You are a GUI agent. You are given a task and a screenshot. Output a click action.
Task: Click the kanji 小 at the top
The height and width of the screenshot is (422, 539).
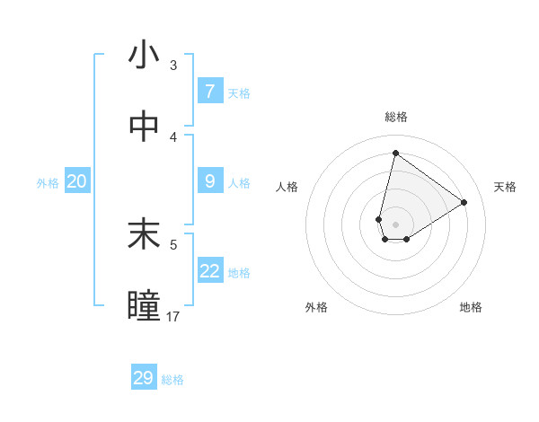coord(144,56)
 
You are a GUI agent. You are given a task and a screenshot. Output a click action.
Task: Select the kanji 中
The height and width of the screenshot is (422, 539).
coord(144,127)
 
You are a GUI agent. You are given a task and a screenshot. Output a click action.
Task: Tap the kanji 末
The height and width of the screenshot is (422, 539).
coord(144,235)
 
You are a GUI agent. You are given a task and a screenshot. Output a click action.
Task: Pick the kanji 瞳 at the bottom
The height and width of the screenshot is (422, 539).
coord(144,306)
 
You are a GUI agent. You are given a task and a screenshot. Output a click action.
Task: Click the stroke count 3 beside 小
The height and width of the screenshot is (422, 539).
coord(172,65)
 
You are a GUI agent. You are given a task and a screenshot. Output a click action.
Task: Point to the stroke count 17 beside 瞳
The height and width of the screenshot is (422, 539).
coord(173,316)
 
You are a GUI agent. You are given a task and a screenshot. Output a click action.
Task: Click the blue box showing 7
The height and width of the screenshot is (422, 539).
coord(209,92)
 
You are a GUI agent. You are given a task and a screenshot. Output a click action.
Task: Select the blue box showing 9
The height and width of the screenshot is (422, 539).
coord(209,181)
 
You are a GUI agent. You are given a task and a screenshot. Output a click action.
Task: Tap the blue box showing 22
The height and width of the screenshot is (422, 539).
coord(209,271)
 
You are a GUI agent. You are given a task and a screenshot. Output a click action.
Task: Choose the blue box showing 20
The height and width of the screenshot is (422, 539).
coord(76,181)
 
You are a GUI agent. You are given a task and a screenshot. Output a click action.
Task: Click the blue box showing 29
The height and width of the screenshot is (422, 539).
coord(144,378)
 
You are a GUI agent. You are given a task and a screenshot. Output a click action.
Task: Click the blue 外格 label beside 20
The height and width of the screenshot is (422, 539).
coord(48,182)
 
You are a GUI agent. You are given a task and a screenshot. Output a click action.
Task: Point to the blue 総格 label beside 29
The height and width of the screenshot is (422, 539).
coord(172,380)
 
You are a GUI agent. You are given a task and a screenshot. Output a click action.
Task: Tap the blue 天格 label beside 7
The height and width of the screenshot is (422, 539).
coord(239,92)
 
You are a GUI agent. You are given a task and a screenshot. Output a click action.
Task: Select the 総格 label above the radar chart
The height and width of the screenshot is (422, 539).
coord(395,117)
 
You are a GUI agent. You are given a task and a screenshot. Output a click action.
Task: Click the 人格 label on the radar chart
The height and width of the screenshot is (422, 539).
coord(287,187)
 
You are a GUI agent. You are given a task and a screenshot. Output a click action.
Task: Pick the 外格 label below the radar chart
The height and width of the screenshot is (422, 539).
coord(316,307)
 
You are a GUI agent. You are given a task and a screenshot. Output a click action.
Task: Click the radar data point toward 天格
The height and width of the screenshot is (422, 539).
coord(464,202)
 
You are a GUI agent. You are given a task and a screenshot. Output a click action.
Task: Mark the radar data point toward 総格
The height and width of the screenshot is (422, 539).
coord(395,153)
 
